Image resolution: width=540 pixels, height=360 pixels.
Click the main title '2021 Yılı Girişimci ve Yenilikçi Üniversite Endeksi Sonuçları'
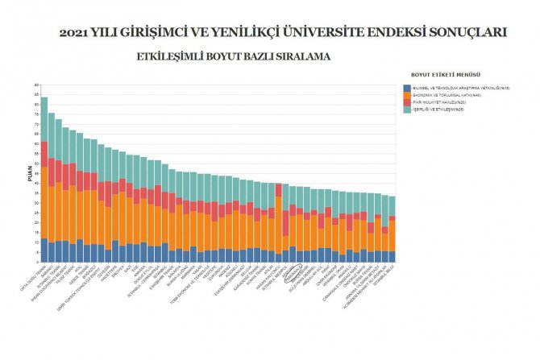coord(283,33)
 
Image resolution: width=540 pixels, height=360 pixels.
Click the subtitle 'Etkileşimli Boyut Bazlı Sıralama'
coord(234,57)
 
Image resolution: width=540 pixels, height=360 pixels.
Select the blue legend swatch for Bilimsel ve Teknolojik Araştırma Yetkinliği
coord(407,87)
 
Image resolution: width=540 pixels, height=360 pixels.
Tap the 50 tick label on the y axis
coord(35,164)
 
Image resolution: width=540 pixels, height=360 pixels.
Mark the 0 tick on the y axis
coord(35,263)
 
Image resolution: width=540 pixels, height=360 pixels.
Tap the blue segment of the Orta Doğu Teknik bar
coord(44,250)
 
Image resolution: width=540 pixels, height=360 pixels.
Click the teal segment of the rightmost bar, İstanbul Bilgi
coord(392,206)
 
